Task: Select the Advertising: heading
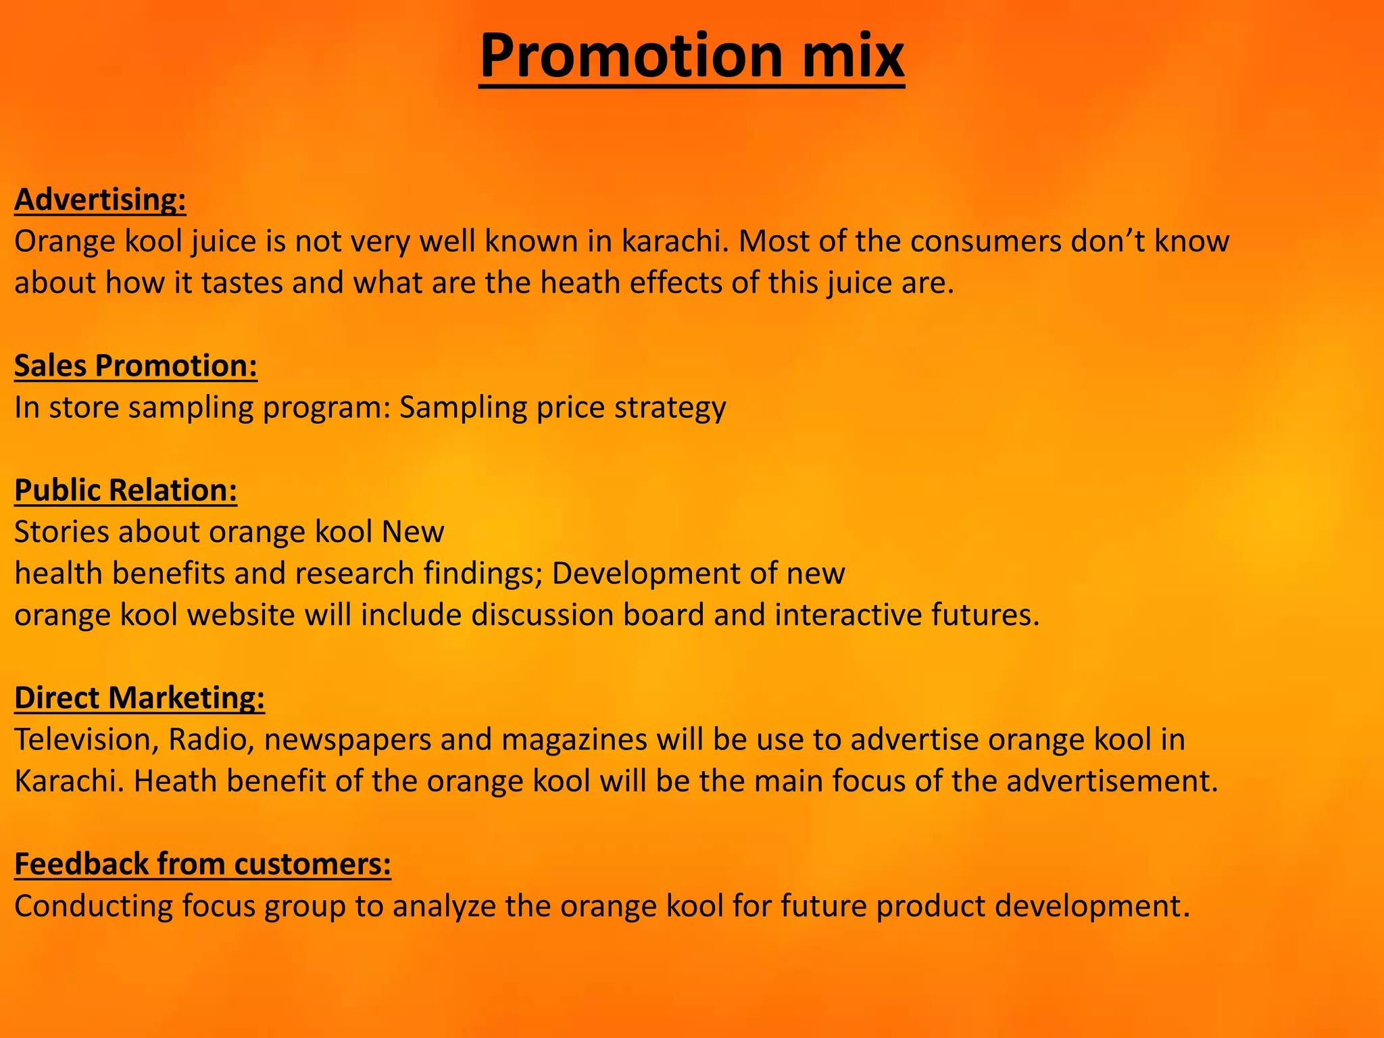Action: [100, 200]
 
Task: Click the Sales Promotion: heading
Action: [136, 366]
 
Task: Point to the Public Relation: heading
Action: [126, 491]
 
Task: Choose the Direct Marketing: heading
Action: [139, 698]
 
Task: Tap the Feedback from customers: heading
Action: [203, 864]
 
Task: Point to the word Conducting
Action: [93, 907]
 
